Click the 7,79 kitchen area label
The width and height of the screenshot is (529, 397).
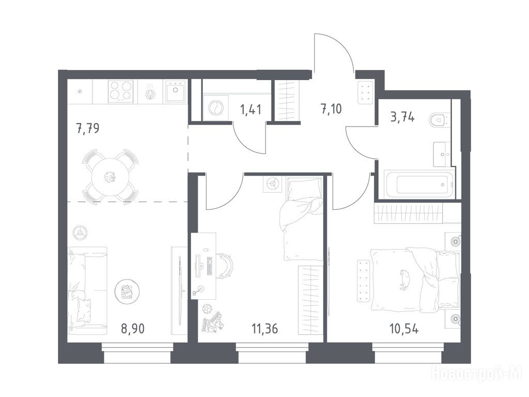(88, 129)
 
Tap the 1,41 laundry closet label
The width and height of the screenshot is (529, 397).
(251, 110)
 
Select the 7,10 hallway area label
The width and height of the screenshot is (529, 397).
(331, 109)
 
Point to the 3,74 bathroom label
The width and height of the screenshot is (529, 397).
(402, 117)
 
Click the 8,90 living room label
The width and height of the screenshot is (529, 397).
(133, 328)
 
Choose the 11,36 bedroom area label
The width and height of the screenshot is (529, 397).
(265, 328)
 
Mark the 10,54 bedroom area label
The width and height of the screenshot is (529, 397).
(404, 328)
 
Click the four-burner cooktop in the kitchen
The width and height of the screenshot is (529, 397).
(120, 91)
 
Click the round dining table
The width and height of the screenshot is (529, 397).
(110, 177)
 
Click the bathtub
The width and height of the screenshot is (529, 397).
(419, 185)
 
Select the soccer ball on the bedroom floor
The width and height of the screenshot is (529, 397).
(207, 309)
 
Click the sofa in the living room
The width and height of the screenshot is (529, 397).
(87, 291)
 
